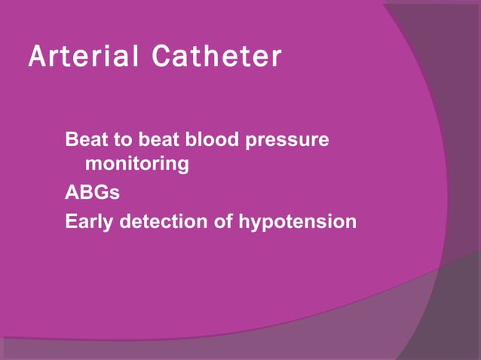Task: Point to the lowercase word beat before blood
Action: (156, 140)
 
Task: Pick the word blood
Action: (204, 140)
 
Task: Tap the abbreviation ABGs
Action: (92, 193)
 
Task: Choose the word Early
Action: (88, 223)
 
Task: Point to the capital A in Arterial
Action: (35, 57)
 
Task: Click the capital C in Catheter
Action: (160, 57)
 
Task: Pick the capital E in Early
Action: (71, 222)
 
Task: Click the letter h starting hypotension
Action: (244, 222)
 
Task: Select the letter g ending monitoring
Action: (182, 166)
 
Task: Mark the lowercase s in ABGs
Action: (114, 194)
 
